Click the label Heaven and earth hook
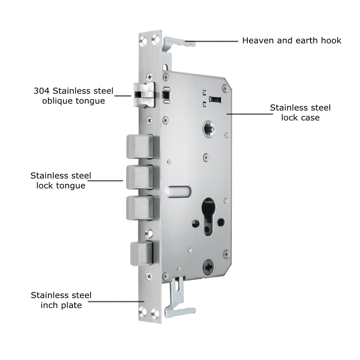pyautogui.click(x=292, y=41)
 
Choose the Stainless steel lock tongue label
pyautogui.click(x=61, y=181)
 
